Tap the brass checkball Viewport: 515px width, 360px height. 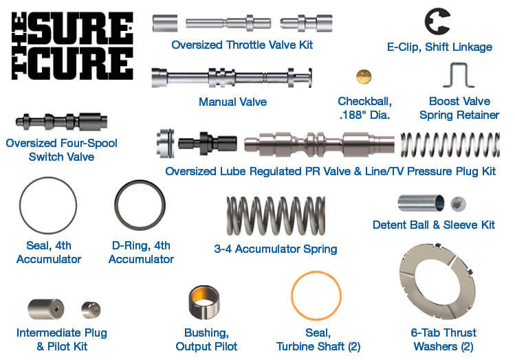[x=364, y=77]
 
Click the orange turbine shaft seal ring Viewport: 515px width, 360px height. [x=292, y=295]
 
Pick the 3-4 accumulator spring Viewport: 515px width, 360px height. [x=276, y=216]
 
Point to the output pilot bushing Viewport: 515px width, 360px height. [x=204, y=302]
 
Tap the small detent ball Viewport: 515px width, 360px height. [x=458, y=204]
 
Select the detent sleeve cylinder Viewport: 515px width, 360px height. [x=421, y=203]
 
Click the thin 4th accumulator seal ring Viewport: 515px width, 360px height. [x=20, y=205]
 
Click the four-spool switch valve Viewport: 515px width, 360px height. [x=61, y=122]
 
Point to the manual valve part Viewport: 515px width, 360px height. [x=232, y=78]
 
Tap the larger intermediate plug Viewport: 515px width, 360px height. [x=45, y=308]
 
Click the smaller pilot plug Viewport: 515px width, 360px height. [x=91, y=310]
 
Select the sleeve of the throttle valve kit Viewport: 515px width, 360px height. [x=165, y=23]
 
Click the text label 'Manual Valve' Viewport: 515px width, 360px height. [x=232, y=102]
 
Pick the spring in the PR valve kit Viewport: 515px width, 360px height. [x=450, y=145]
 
